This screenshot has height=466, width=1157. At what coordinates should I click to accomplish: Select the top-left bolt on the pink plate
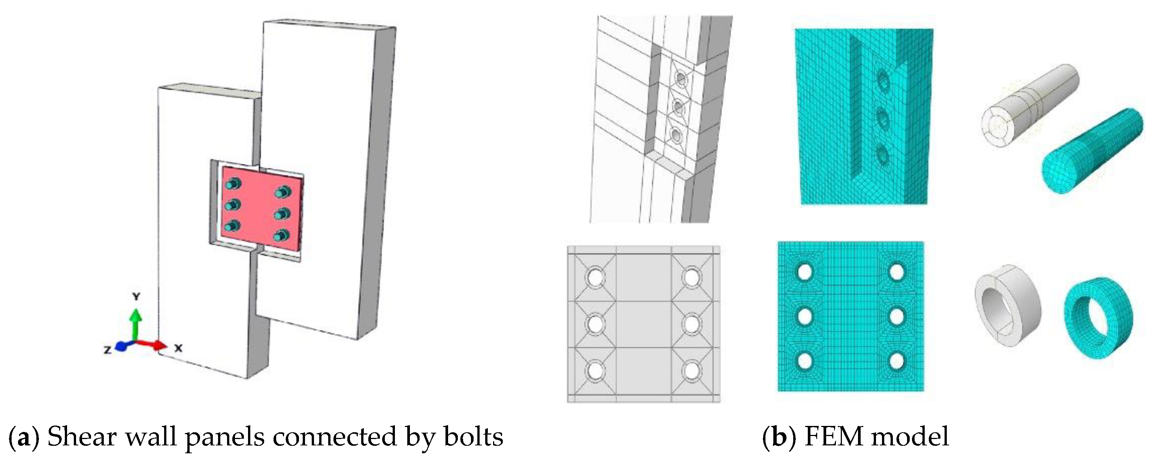233,184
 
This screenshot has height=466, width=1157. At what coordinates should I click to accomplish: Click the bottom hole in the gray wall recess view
675,134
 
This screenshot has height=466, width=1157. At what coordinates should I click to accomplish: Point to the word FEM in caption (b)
833,436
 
